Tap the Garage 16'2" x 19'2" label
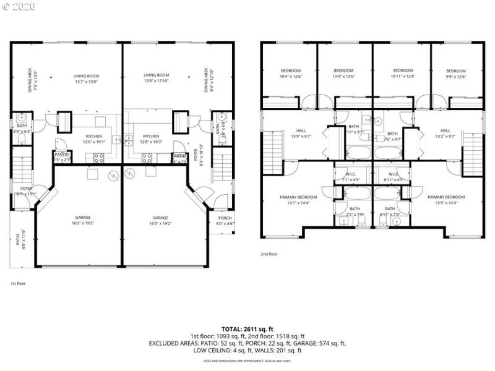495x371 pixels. point(83,220)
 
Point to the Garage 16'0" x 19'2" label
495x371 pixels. point(160,220)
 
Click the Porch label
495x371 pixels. point(224,220)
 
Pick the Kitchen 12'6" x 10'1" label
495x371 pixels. point(93,139)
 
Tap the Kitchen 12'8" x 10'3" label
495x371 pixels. point(151,139)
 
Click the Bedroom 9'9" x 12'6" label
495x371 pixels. point(456,74)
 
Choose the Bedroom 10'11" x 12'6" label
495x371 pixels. point(403,74)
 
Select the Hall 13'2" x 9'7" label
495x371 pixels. point(445,133)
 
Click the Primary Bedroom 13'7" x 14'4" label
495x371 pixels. point(298,200)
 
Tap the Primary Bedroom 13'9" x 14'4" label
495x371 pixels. point(445,200)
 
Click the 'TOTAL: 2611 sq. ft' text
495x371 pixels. point(247,329)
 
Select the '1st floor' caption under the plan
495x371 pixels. point(18,283)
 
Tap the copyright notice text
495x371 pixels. point(20,6)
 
